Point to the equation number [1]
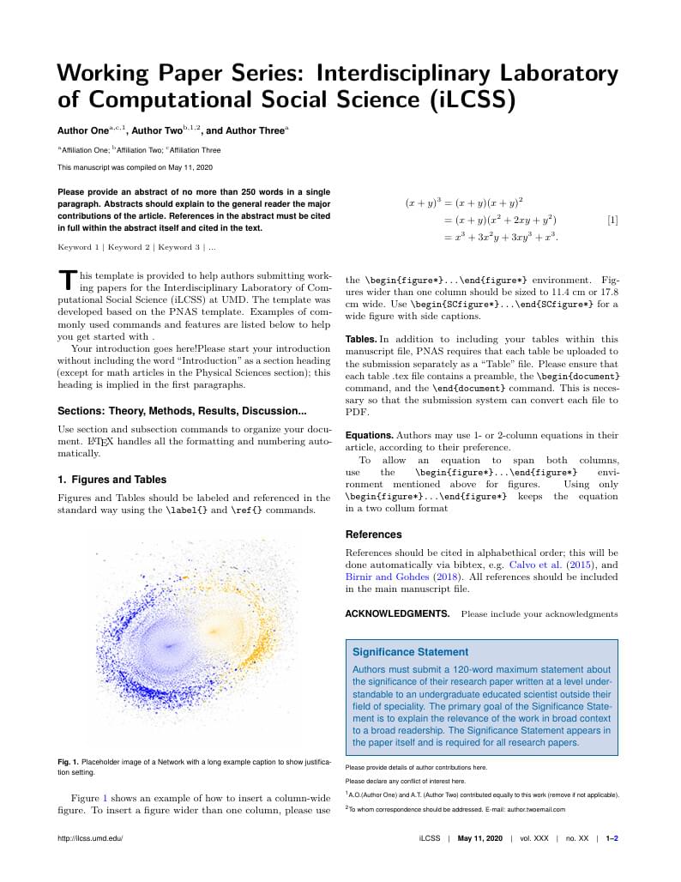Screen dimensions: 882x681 point(612,220)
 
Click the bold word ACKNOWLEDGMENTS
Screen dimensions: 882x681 point(397,614)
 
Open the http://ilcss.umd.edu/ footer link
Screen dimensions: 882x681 point(90,838)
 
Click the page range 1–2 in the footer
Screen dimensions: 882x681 point(612,838)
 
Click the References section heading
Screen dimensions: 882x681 point(373,535)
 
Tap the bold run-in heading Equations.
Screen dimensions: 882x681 point(370,436)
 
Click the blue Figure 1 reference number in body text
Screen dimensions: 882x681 point(105,798)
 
